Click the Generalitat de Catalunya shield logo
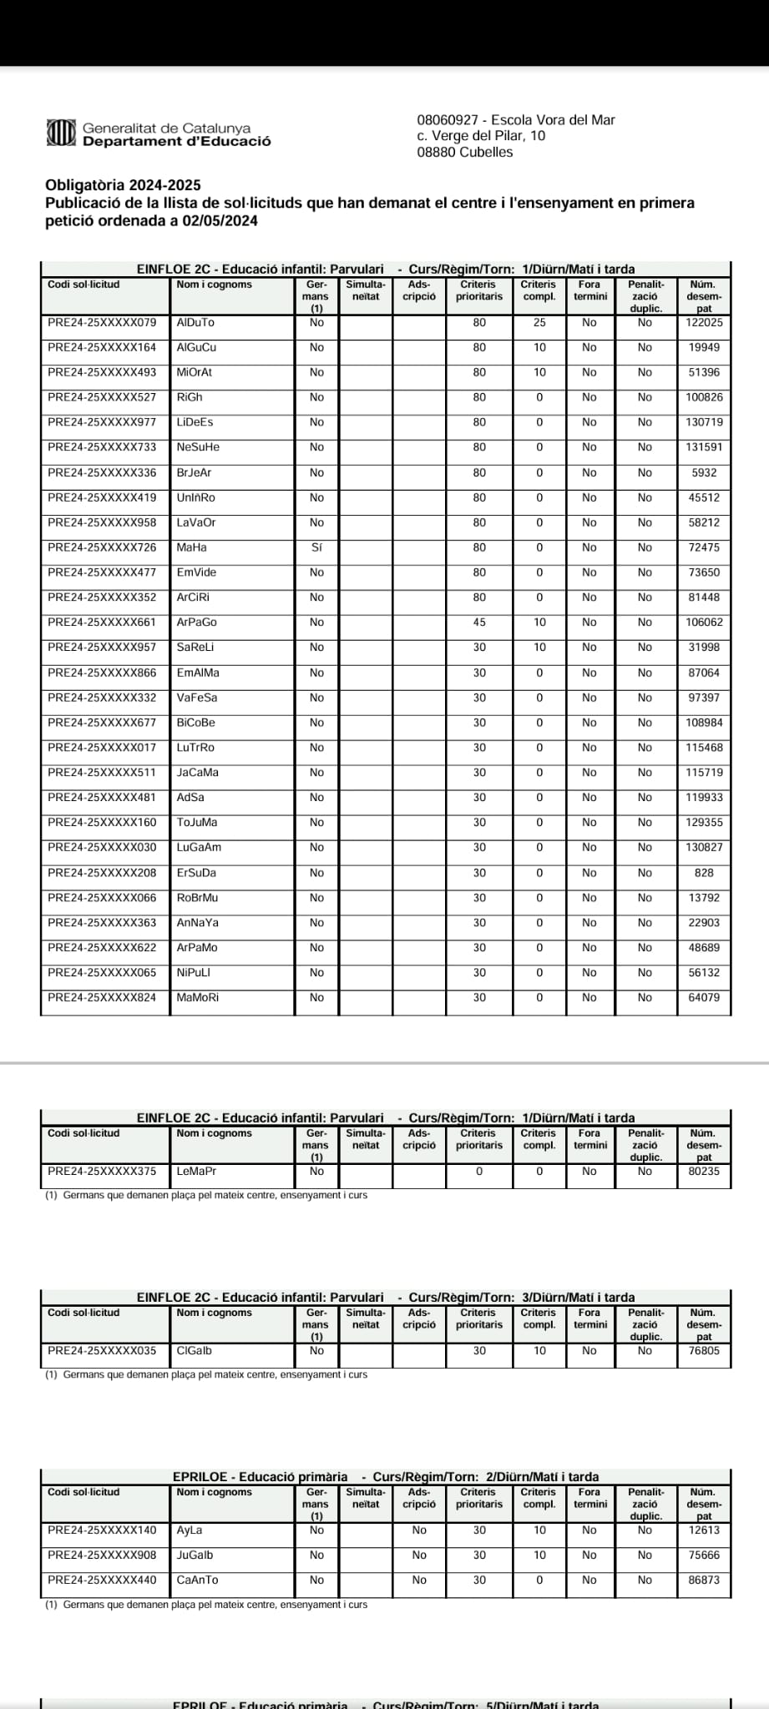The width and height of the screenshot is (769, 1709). pyautogui.click(x=61, y=133)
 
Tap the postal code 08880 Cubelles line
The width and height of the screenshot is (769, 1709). pyautogui.click(x=465, y=153)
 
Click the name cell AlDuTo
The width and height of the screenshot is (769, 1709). pyautogui.click(x=195, y=323)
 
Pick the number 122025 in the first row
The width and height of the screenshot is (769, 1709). pyautogui.click(x=704, y=323)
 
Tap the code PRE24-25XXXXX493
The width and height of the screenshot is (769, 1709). pyautogui.click(x=102, y=373)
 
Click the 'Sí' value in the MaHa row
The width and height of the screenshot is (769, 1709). pyautogui.click(x=316, y=548)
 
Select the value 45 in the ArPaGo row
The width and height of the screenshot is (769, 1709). pyautogui.click(x=479, y=623)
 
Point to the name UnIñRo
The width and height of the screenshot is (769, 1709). pyautogui.click(x=196, y=498)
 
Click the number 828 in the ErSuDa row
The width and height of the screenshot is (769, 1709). pyautogui.click(x=704, y=873)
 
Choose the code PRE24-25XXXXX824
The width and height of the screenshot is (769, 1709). pyautogui.click(x=102, y=998)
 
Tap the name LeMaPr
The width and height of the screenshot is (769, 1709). pyautogui.click(x=197, y=1172)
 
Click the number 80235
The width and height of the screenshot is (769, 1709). pyautogui.click(x=704, y=1172)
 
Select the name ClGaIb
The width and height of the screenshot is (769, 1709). pyautogui.click(x=195, y=1351)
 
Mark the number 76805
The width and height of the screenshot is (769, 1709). pyautogui.click(x=704, y=1351)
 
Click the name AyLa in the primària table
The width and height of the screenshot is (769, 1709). pyautogui.click(x=190, y=1530)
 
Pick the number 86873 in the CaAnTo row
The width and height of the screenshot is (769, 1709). pyautogui.click(x=704, y=1580)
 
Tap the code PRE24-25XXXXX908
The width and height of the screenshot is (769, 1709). pyautogui.click(x=102, y=1555)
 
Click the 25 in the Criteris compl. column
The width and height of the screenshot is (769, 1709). pyautogui.click(x=539, y=323)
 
